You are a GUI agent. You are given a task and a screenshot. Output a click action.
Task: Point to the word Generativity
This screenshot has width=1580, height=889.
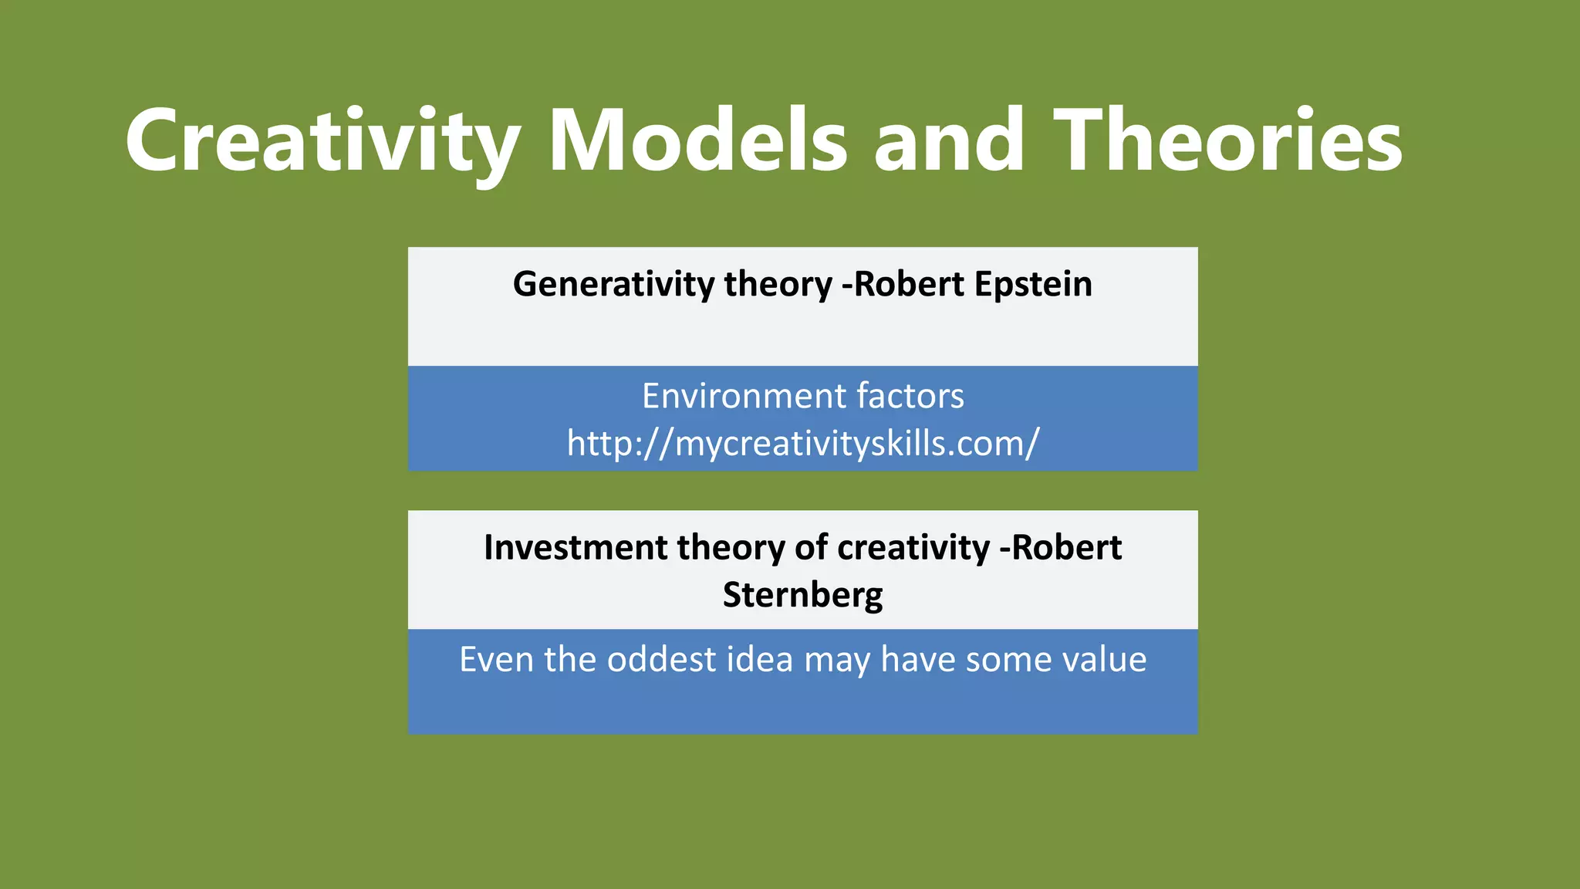(614, 284)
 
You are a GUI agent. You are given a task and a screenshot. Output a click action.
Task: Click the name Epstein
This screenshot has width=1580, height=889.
(1033, 284)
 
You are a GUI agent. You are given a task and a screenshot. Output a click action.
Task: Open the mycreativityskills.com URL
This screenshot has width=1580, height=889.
(802, 444)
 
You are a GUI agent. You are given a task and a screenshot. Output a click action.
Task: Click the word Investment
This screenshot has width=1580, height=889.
(575, 547)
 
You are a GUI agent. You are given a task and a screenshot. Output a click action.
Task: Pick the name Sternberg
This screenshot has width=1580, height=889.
(802, 595)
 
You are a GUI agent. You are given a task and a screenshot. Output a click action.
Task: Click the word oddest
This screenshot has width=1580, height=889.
(662, 660)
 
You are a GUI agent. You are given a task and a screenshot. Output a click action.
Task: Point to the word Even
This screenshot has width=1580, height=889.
(497, 660)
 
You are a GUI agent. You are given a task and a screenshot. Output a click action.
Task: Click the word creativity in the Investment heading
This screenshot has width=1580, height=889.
(913, 547)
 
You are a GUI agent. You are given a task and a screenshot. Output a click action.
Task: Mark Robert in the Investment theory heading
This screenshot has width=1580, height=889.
(1066, 547)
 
